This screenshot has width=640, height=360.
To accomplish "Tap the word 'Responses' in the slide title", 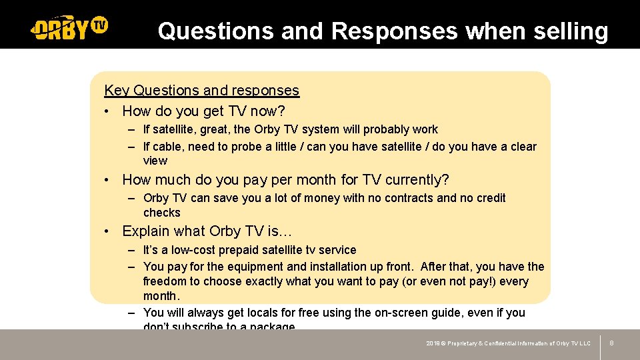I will point(393,31).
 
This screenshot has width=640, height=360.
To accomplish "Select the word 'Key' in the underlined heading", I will point(117,90).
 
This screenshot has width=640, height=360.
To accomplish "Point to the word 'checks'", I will point(161,213).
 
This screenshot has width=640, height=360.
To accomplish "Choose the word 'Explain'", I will point(146,231).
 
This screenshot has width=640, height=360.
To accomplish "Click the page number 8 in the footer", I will point(611,343).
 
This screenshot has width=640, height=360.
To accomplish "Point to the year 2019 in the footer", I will point(433,343).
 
